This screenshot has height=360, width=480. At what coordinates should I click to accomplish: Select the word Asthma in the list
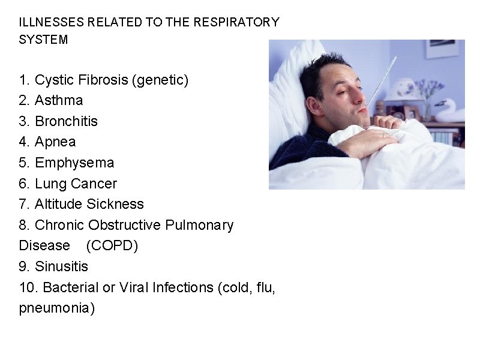59,100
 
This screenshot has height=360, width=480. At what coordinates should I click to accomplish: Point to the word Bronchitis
66,121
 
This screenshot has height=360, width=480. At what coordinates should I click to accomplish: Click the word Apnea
55,142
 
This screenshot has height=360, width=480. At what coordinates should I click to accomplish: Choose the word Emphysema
74,163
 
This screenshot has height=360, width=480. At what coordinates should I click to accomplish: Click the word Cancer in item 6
94,183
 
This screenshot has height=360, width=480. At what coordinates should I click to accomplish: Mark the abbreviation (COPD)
112,245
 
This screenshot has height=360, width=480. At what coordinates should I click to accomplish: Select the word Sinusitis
61,266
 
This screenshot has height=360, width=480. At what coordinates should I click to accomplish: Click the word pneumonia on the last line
57,308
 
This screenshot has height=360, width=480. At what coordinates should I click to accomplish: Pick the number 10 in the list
28,287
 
